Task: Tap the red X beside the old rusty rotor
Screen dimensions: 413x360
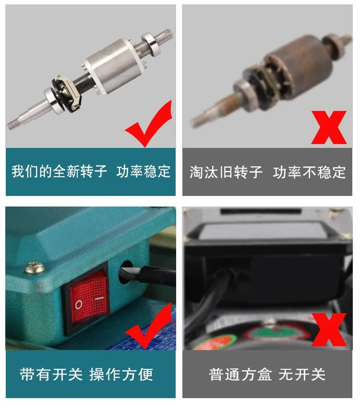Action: (x=329, y=127)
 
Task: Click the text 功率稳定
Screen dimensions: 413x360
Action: (x=144, y=171)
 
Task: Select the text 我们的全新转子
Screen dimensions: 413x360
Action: (x=59, y=171)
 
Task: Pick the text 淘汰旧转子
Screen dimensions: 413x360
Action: (x=226, y=172)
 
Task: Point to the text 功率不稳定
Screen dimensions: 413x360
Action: (x=309, y=172)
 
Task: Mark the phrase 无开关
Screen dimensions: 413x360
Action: (x=302, y=374)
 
